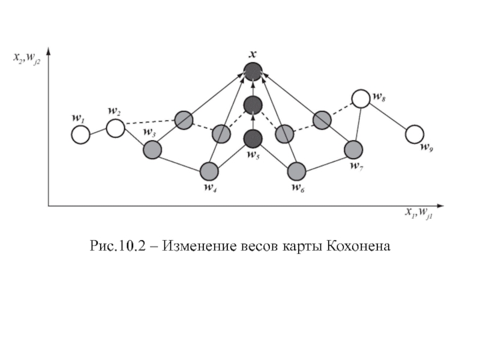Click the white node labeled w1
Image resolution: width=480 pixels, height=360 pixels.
pos(80,135)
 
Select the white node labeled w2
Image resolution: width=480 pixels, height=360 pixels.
pos(115,128)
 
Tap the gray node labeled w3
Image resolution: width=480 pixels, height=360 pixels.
pos(152,149)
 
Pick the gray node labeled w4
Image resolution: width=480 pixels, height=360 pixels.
pos(209,172)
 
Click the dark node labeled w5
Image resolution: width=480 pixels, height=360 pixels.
pos(253,139)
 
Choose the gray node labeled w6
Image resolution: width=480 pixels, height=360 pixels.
pos(296,172)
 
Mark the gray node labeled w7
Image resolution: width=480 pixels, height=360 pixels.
pos(354,149)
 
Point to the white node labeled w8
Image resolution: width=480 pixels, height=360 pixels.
pos(361,98)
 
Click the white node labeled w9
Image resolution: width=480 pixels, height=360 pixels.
pos(414,135)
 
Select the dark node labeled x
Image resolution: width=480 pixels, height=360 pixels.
pos(253,72)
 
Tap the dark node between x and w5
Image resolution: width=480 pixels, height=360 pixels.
pos(253,106)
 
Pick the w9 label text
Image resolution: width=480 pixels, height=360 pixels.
pos(426,147)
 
